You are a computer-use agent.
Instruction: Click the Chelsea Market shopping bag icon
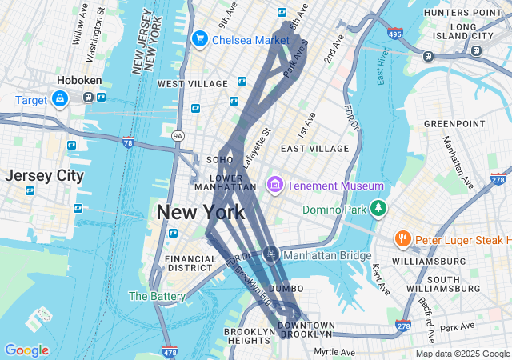(199, 38)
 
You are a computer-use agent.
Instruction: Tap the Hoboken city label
(78, 81)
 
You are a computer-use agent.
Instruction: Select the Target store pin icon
(59, 98)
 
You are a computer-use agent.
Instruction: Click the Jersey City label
(44, 176)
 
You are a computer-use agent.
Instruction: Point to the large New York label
(201, 213)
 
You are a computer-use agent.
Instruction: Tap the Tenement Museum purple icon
(275, 186)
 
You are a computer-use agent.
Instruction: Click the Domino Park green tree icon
(377, 210)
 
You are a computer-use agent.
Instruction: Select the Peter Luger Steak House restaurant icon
(402, 239)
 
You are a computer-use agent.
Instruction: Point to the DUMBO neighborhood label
(286, 288)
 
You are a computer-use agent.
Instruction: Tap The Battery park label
(157, 296)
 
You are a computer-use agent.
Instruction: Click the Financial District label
(190, 263)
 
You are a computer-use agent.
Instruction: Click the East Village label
(314, 149)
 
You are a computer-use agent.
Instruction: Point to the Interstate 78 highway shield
(129, 142)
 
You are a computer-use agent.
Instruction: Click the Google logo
(26, 350)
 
